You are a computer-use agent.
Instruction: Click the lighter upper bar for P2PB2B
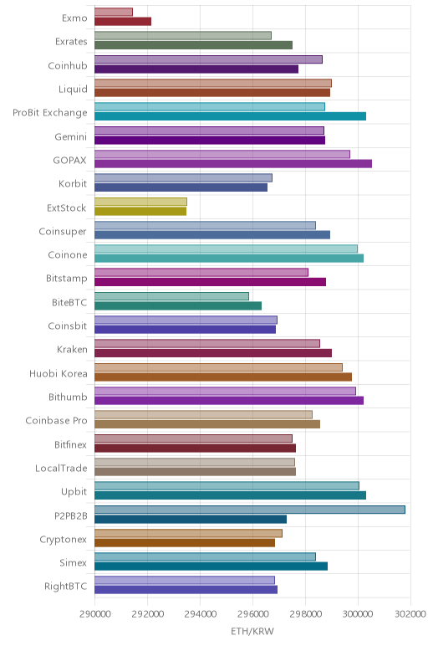tap(250, 510)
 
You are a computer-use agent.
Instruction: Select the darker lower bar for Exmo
tap(123, 22)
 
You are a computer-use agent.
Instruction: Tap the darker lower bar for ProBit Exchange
tap(231, 116)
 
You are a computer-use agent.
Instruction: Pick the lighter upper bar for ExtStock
tap(140, 202)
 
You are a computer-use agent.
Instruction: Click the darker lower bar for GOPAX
tap(233, 163)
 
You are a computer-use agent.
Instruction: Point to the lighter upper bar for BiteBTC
tap(171, 296)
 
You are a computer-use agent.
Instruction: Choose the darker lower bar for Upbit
tap(231, 495)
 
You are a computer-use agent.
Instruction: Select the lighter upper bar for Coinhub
tap(209, 59)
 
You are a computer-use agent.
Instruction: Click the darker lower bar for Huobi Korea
tap(223, 377)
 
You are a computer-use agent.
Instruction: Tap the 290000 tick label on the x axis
tap(95, 614)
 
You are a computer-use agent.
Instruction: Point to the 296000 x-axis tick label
tap(253, 614)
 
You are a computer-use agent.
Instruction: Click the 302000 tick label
tap(410, 614)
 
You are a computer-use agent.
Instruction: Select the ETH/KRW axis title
tap(252, 631)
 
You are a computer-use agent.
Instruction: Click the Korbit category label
tap(73, 183)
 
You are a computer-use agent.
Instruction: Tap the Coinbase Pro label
tap(56, 420)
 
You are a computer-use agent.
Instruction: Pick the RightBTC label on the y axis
tap(66, 586)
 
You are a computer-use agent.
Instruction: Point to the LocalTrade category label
tap(61, 468)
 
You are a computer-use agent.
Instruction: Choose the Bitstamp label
tap(67, 279)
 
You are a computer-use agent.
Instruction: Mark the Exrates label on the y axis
tap(71, 42)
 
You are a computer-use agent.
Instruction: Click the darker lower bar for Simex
tap(211, 566)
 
